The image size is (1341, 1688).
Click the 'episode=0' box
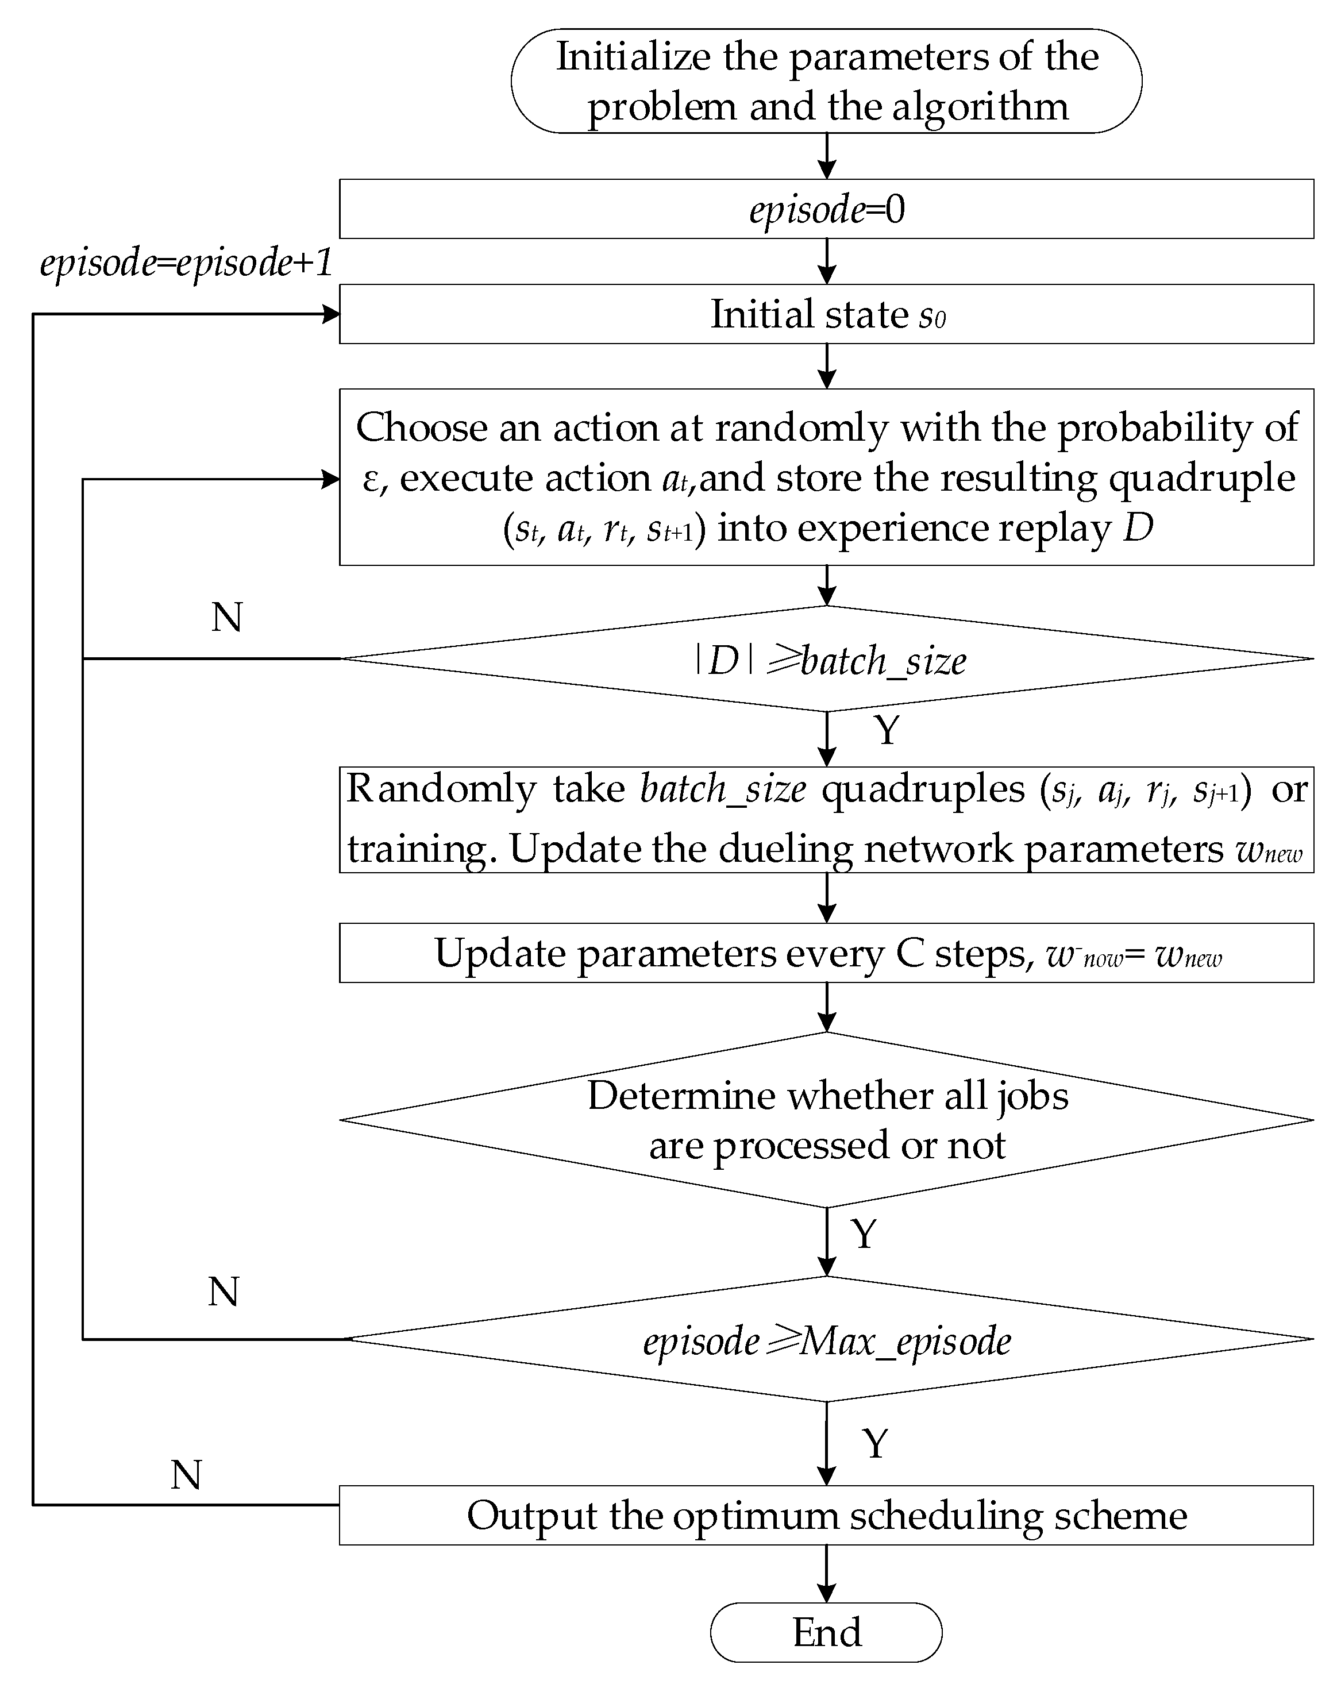click(826, 209)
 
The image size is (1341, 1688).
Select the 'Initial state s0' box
click(826, 314)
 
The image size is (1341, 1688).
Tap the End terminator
click(826, 1632)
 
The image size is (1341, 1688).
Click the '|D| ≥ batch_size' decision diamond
click(826, 659)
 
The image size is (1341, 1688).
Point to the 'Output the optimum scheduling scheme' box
click(826, 1515)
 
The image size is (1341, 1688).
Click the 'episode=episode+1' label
click(186, 263)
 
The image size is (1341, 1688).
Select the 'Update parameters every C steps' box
click(826, 953)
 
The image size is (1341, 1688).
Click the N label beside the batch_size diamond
click(227, 618)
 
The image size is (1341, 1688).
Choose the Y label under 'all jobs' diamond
click(864, 1234)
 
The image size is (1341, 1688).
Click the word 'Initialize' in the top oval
click(633, 57)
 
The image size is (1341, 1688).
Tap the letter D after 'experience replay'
click(1138, 527)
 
